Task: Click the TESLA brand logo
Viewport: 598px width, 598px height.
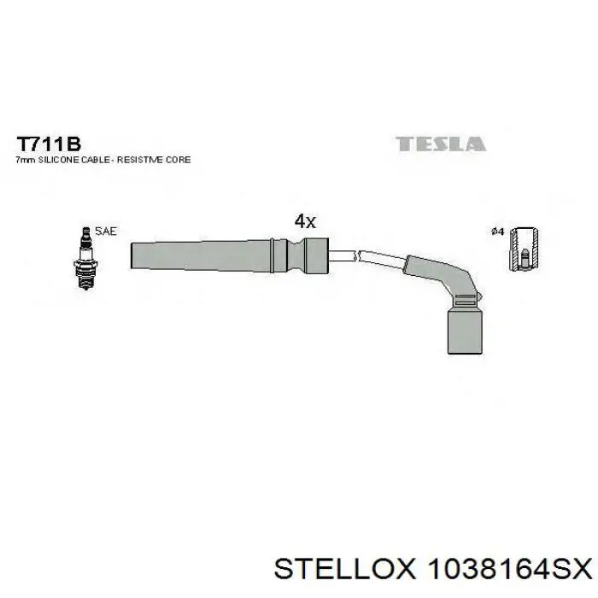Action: pyautogui.click(x=441, y=144)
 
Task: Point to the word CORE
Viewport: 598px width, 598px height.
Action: pyautogui.click(x=179, y=160)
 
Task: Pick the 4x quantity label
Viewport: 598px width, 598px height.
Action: pyautogui.click(x=305, y=221)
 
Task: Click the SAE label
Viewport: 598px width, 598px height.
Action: pyautogui.click(x=106, y=231)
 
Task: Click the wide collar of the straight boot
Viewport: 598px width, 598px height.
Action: pyautogui.click(x=311, y=255)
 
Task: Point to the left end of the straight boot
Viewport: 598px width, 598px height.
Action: pyautogui.click(x=135, y=255)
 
